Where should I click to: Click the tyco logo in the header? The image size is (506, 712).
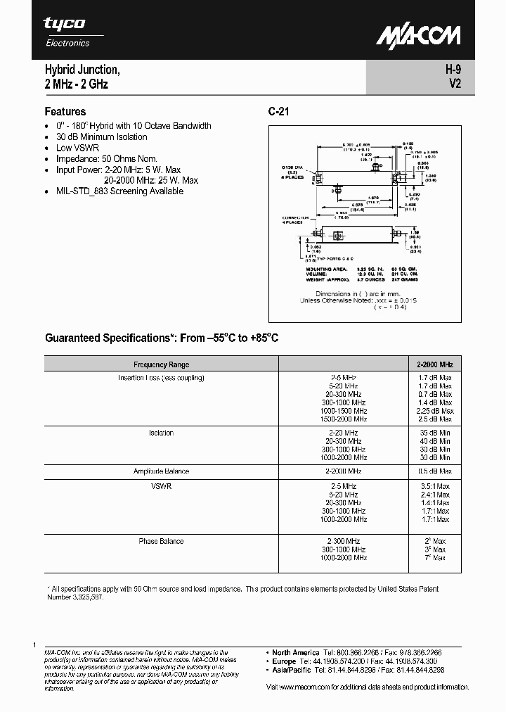point(64,24)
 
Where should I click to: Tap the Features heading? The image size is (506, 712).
point(65,111)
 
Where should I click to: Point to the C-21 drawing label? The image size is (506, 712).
point(278,111)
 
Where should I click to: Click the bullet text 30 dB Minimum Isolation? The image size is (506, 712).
point(102,136)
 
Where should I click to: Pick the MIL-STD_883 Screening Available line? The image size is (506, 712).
point(120,191)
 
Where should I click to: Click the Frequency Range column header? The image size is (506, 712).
point(161,364)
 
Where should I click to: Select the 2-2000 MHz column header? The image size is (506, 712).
point(436,364)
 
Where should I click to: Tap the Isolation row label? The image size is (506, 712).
point(161,433)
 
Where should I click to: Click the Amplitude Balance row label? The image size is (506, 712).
point(161,471)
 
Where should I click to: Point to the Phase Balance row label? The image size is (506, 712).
point(161,541)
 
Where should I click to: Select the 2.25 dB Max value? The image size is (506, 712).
point(436,411)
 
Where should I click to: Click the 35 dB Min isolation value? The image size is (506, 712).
point(436,433)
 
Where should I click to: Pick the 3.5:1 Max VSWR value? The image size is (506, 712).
point(436,486)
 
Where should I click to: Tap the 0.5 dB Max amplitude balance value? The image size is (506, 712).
point(436,471)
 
